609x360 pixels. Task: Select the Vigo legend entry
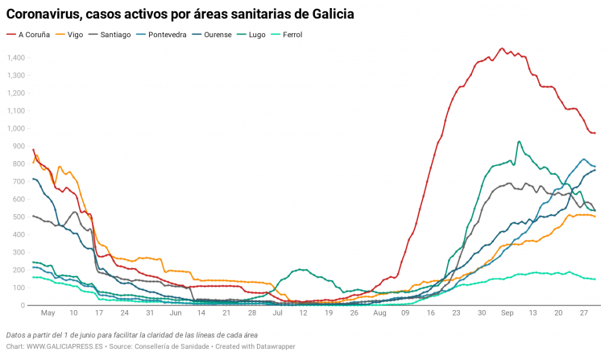tap(75, 35)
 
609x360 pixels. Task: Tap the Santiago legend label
tap(114, 35)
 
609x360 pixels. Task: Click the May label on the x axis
tap(48, 312)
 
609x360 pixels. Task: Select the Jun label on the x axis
tap(174, 312)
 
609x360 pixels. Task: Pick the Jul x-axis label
tap(276, 312)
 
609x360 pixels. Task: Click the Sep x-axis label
tap(507, 312)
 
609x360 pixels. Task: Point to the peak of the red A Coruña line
tap(501, 48)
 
